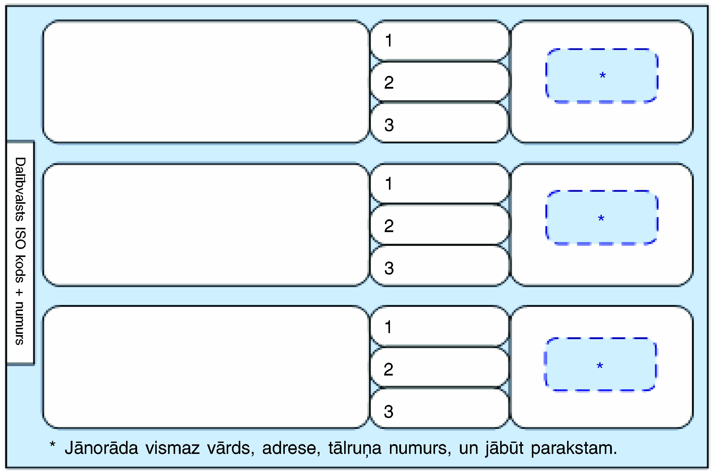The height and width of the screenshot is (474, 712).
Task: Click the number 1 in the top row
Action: [x=389, y=40]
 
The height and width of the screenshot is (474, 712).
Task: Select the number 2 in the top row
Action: [x=389, y=83]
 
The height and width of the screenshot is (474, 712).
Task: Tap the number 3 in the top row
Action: [x=389, y=125]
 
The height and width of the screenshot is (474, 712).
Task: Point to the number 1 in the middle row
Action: [x=389, y=183]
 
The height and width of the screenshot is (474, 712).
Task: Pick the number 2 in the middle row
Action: [x=389, y=226]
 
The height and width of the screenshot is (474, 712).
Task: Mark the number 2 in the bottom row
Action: [x=388, y=370]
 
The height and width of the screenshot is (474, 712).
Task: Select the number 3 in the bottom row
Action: [x=388, y=411]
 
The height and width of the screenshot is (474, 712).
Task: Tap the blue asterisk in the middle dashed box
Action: [x=601, y=218]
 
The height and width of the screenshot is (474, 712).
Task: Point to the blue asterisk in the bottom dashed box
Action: [x=600, y=366]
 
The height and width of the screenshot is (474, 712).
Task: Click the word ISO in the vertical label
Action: [x=20, y=239]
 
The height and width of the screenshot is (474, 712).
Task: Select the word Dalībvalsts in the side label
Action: [x=20, y=189]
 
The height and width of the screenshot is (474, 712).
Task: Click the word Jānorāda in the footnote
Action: [x=101, y=448]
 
